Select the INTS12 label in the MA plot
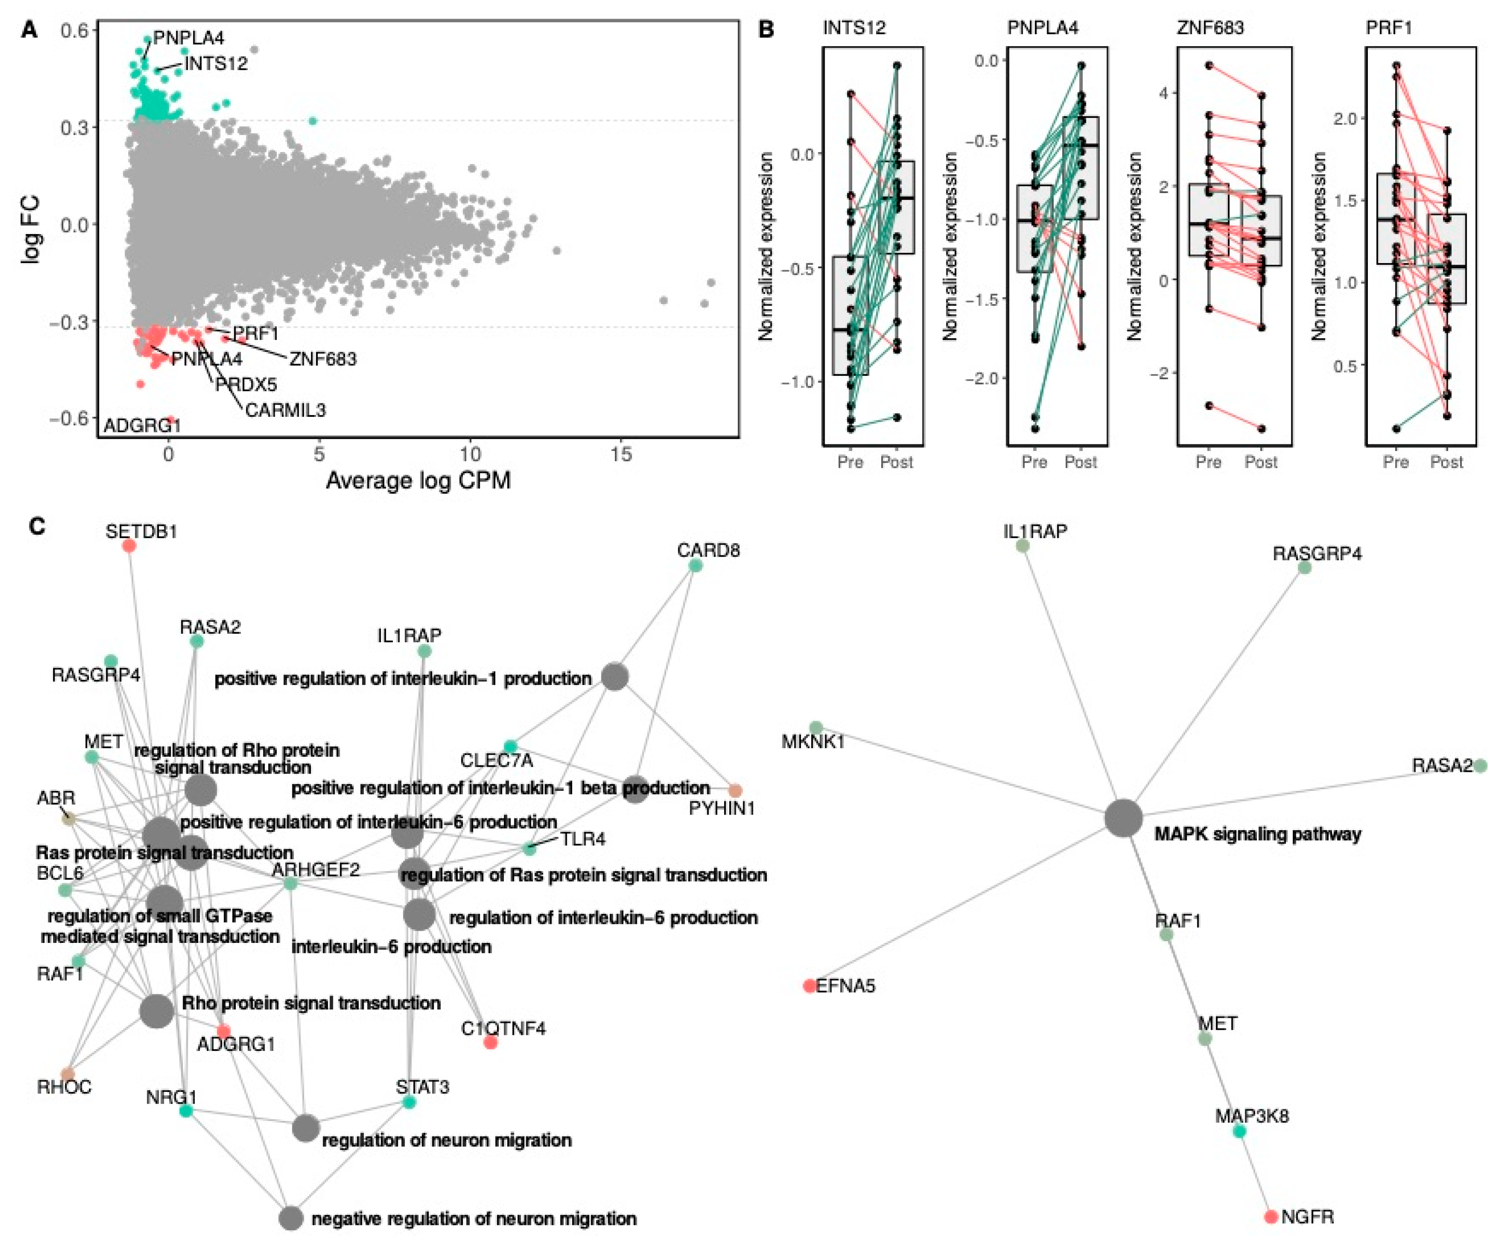pos(216,63)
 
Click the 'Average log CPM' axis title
pos(418,480)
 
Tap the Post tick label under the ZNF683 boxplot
pos(1261,462)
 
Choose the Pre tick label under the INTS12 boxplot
pos(850,462)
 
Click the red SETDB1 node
pos(129,546)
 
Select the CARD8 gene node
pos(695,566)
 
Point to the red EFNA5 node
pos(809,986)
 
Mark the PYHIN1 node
pos(735,790)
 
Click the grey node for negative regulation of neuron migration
pos(291,1218)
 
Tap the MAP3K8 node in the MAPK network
pos(1239,1131)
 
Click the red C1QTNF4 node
pos(490,1043)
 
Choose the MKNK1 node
pos(816,727)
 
